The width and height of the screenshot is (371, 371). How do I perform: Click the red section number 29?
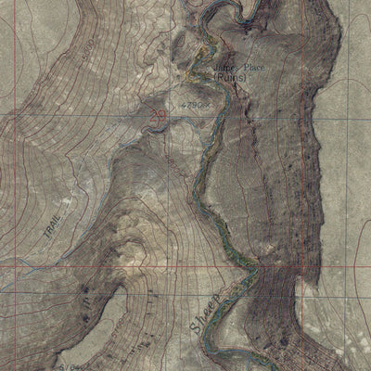pyautogui.click(x=159, y=115)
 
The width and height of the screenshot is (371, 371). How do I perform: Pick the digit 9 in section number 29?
pyautogui.click(x=162, y=115)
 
